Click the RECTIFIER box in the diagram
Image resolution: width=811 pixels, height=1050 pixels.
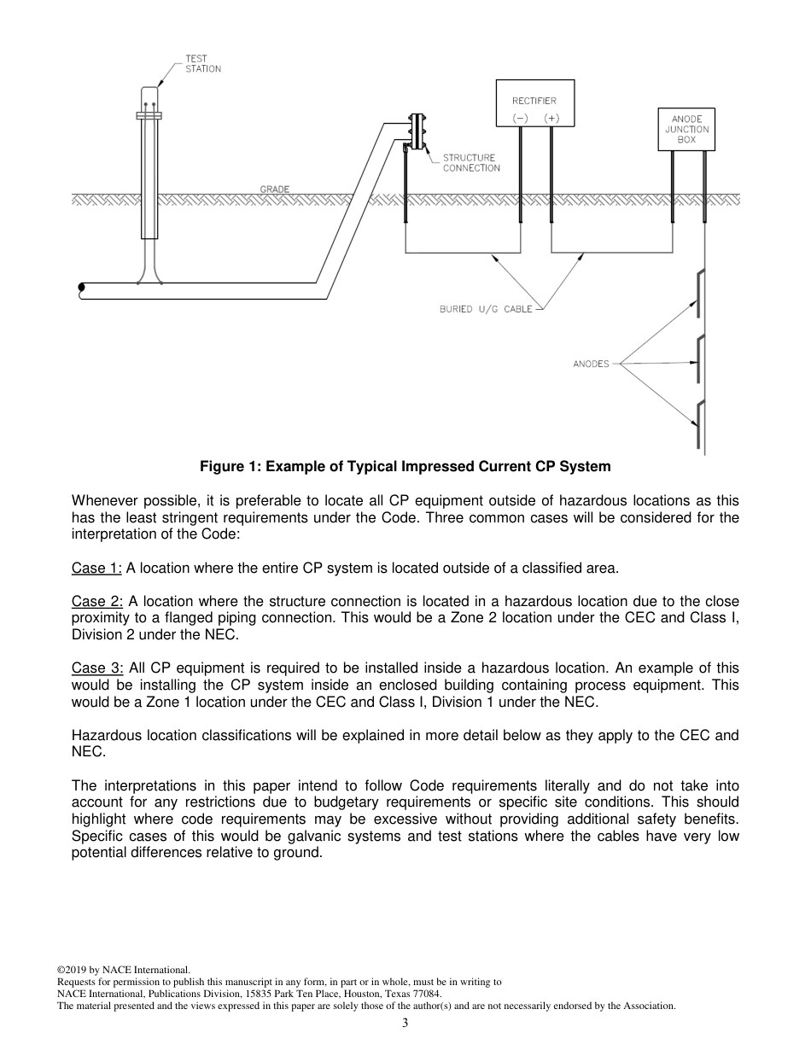(x=535, y=103)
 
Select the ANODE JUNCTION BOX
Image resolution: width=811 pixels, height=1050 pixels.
(x=686, y=129)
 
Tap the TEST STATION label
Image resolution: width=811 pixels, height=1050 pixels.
(x=203, y=64)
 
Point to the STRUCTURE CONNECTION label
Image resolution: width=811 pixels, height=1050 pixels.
(x=470, y=163)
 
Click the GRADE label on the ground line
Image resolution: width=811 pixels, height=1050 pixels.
(x=275, y=189)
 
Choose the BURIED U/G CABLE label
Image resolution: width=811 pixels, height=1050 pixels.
(x=485, y=309)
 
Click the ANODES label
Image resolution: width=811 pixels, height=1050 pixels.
(x=591, y=364)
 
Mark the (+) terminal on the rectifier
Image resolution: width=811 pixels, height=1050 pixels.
(x=551, y=118)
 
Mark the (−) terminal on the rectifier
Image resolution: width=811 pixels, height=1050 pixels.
(x=520, y=118)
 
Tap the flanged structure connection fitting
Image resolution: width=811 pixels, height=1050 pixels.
(x=417, y=132)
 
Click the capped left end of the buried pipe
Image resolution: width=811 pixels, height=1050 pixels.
(x=81, y=289)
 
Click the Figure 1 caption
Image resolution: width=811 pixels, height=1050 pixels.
(x=405, y=466)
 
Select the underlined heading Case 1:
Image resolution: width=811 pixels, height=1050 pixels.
(x=96, y=568)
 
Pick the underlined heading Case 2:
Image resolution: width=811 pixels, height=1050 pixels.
(x=96, y=601)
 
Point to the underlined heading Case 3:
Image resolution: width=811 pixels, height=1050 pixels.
(x=96, y=668)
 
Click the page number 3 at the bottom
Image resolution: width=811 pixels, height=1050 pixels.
(x=405, y=1023)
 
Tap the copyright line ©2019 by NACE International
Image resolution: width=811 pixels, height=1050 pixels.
(x=123, y=970)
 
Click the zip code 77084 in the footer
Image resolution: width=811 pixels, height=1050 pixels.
(x=428, y=994)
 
